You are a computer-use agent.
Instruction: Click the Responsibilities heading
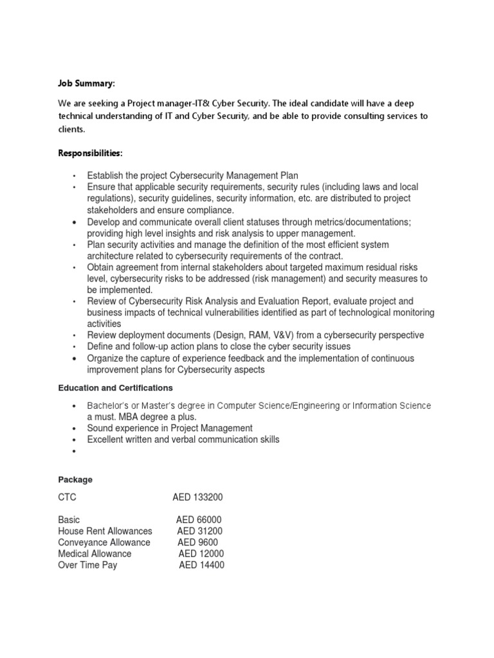pos(91,153)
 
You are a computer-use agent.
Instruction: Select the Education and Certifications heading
pos(115,388)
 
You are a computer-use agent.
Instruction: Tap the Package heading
pos(75,479)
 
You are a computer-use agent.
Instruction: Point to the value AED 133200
pos(198,497)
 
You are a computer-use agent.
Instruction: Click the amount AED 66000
pos(199,520)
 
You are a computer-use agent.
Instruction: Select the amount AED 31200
pos(201,531)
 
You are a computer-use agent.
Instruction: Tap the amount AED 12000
pos(201,554)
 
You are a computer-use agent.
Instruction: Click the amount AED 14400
pos(201,565)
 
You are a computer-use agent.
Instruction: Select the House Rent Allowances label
pos(105,531)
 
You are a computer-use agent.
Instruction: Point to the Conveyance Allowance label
pos(104,542)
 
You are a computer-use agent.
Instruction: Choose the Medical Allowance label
pos(95,554)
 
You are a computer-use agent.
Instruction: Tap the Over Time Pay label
pos(87,565)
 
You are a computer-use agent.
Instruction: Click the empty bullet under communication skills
pos(76,451)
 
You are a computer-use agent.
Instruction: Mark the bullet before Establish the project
pos(76,176)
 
